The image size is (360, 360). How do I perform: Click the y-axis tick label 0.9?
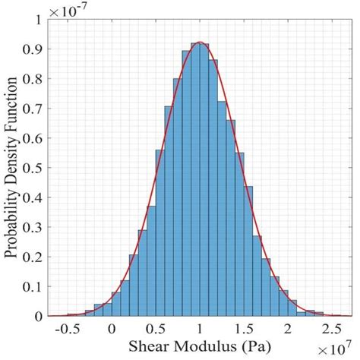point(34,49)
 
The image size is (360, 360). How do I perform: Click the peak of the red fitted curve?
point(199,43)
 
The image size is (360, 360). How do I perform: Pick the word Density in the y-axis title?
point(13,157)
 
